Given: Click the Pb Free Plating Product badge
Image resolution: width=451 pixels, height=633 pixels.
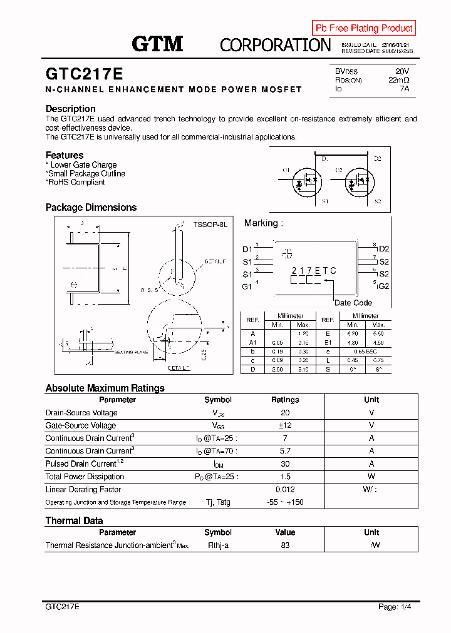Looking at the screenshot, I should point(364,28).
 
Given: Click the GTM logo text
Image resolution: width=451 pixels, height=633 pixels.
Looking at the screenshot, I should point(157,43).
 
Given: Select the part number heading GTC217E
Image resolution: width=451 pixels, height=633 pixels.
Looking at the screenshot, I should point(84,74).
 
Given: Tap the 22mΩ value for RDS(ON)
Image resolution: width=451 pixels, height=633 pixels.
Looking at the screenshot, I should point(398,80).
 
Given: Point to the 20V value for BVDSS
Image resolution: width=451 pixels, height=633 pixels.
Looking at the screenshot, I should point(402,71).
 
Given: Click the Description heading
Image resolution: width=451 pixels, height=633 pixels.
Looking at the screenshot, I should point(71,109).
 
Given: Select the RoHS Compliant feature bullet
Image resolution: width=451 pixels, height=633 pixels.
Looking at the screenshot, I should point(76,183).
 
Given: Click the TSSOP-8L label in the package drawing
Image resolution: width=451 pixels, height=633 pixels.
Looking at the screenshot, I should point(210,224).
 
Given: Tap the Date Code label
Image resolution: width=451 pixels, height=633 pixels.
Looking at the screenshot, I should point(353,303).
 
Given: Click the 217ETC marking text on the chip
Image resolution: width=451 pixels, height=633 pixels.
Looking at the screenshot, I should point(314,271).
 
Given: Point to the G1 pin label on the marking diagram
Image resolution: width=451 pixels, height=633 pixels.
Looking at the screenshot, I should point(247,286).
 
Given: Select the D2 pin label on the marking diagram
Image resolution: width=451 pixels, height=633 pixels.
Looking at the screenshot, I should point(384,249).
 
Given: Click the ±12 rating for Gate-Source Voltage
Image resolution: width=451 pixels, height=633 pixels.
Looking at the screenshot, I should point(285,425).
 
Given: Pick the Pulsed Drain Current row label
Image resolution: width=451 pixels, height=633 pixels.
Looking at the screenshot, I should point(81,464).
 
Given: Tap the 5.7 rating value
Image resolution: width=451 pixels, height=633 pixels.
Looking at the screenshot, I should point(285,451).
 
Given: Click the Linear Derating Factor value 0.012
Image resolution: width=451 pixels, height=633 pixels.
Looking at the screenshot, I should point(285,490).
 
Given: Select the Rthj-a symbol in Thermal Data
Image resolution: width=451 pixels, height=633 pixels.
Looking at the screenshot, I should point(218,545).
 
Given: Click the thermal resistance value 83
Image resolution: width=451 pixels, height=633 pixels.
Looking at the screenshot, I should point(285,545).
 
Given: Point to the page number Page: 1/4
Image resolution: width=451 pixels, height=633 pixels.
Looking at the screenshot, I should point(395,607).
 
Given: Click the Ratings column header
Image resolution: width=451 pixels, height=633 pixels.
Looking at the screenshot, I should point(285,400).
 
